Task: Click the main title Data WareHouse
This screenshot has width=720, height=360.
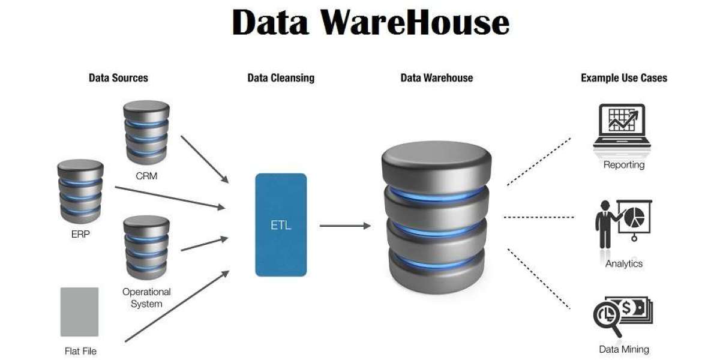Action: tap(370, 23)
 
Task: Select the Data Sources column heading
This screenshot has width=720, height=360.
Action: tap(118, 78)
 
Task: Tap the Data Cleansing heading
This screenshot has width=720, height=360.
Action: tap(281, 78)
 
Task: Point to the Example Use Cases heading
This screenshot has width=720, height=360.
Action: tap(624, 78)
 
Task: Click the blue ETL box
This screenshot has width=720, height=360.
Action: tap(281, 225)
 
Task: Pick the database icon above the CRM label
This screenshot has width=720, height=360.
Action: tap(146, 132)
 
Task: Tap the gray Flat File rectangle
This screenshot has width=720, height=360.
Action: tap(79, 311)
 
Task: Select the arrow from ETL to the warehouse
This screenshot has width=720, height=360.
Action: tap(345, 226)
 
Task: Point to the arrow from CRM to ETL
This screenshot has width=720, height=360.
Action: tap(205, 159)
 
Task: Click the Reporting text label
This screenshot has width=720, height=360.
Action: tap(624, 165)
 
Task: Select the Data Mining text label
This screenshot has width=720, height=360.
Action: tap(624, 349)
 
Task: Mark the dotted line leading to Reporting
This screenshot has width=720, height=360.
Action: tap(539, 161)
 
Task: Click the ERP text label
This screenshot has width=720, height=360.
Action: tap(80, 234)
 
